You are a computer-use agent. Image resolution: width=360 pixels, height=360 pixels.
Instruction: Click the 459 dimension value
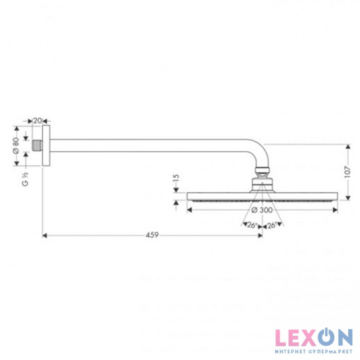(153, 235)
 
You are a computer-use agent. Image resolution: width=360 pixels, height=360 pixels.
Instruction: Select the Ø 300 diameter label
(262, 210)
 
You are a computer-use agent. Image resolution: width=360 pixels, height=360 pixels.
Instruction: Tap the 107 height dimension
(348, 171)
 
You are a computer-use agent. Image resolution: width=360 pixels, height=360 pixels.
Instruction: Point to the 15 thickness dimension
(176, 178)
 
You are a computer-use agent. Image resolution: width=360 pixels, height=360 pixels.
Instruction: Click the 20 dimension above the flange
(38, 120)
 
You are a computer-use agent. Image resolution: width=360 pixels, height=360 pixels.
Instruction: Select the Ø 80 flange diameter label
(16, 145)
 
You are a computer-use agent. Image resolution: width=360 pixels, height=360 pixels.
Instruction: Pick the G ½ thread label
(25, 179)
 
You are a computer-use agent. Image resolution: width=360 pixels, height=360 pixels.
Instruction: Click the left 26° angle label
(252, 225)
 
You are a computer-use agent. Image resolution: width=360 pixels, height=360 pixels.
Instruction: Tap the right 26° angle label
(272, 225)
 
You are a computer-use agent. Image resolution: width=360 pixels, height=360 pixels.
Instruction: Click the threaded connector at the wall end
(37, 145)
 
